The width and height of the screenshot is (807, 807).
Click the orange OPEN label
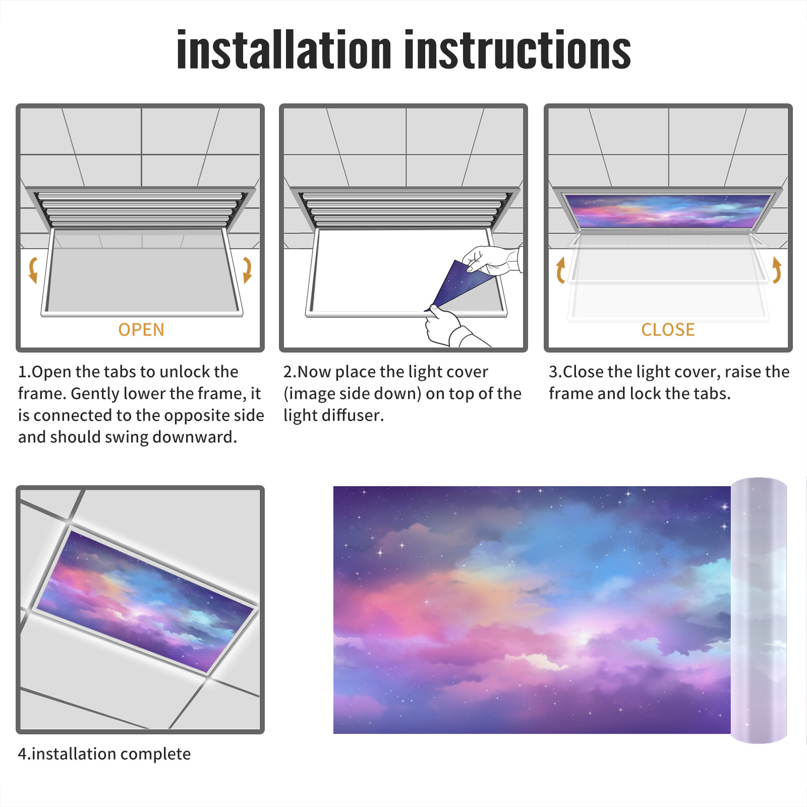(141, 330)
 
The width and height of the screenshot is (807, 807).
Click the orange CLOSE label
(668, 330)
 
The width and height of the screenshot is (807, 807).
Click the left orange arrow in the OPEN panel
(33, 270)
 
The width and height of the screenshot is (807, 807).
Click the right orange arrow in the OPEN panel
(247, 270)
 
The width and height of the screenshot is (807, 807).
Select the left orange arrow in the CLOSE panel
(560, 270)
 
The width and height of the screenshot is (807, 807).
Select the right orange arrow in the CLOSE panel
(777, 270)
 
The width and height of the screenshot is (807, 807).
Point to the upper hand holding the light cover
(492, 260)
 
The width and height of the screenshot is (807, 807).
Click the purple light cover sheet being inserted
(462, 285)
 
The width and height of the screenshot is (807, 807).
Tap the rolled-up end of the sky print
(759, 610)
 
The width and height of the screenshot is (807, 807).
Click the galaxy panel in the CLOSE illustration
(668, 211)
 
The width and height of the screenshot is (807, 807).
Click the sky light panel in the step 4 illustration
(146, 600)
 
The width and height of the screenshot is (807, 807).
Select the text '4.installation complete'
(104, 754)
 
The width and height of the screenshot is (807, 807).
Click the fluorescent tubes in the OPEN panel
(140, 209)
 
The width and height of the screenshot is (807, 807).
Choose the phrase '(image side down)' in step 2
(353, 393)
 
